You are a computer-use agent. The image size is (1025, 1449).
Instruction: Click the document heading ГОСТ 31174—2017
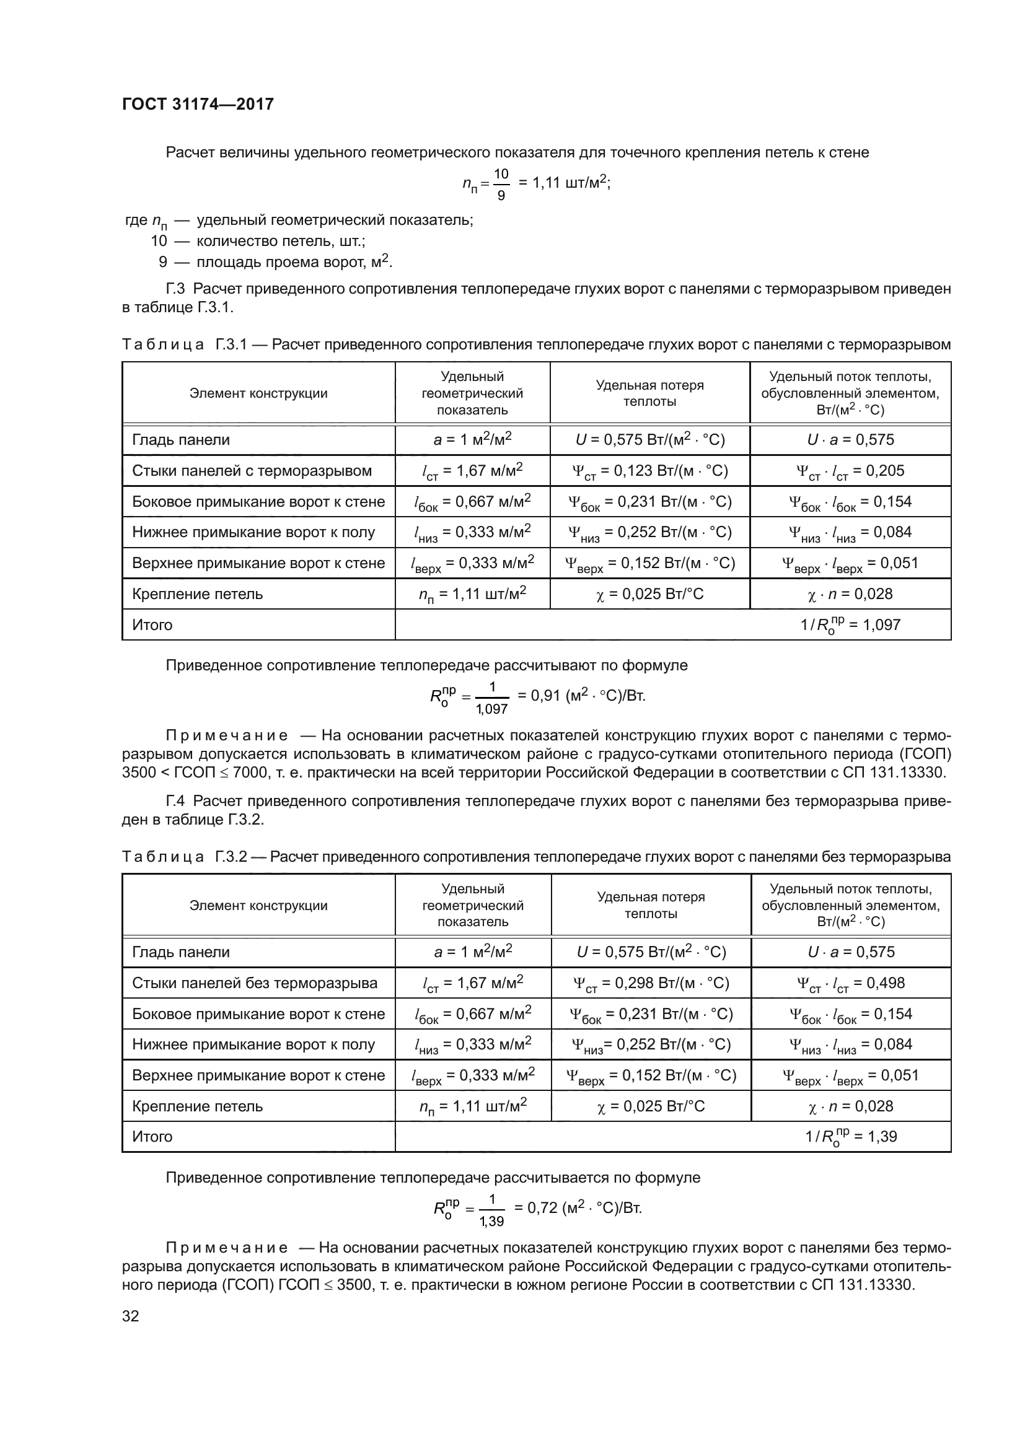(198, 104)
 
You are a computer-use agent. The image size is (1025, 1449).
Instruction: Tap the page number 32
(131, 1316)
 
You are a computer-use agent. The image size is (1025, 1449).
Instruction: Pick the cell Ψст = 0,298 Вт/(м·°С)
(650, 983)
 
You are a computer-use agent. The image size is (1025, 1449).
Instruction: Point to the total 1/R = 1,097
(850, 625)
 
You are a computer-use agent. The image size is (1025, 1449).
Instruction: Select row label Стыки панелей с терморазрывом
(252, 471)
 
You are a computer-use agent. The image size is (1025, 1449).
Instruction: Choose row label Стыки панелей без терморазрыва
(254, 983)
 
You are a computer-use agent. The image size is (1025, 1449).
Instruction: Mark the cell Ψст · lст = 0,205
(850, 471)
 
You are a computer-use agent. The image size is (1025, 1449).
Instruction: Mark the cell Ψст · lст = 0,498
(850, 983)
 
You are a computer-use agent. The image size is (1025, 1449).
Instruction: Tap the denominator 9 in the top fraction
(501, 196)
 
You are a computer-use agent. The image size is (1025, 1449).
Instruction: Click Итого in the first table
(152, 625)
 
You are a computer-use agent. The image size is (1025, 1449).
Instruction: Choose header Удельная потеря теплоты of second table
(651, 905)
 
